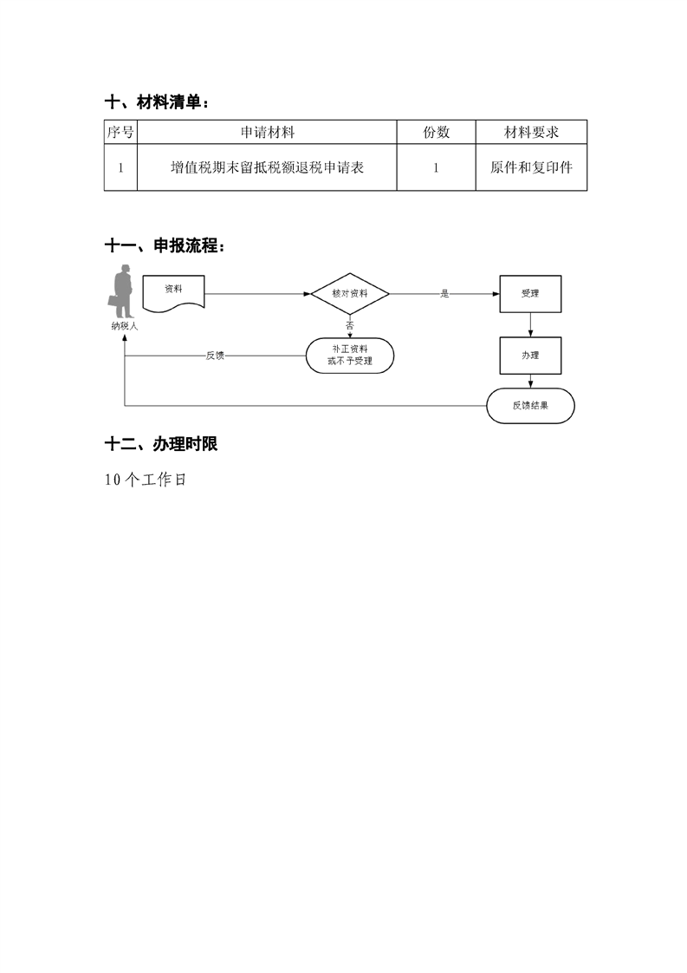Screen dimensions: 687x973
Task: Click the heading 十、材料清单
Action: pos(156,102)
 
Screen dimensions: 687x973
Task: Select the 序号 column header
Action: pos(120,132)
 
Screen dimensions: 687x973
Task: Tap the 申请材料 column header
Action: pos(267,132)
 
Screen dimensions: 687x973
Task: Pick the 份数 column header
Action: pos(436,132)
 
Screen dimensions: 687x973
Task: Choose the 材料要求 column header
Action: pos(531,132)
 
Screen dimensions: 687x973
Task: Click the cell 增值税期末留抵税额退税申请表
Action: pos(267,167)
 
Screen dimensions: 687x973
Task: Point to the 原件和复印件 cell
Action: pos(531,167)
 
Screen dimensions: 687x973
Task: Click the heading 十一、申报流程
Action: pos(165,245)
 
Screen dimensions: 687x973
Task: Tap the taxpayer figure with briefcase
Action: pos(122,291)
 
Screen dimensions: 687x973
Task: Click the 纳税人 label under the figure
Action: pos(125,326)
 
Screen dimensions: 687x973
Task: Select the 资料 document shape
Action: pos(173,292)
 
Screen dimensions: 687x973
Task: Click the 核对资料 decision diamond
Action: pos(350,293)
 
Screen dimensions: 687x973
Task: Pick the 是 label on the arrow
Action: pos(444,293)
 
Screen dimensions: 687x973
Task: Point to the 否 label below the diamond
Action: pos(350,325)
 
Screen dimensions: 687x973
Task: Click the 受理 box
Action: pos(530,293)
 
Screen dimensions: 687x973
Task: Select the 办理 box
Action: pos(530,356)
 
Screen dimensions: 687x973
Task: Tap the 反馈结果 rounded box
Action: pos(530,406)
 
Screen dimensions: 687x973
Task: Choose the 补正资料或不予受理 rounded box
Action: pos(350,356)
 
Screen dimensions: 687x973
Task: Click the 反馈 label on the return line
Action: pos(215,356)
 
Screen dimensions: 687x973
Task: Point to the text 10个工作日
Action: pos(146,480)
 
